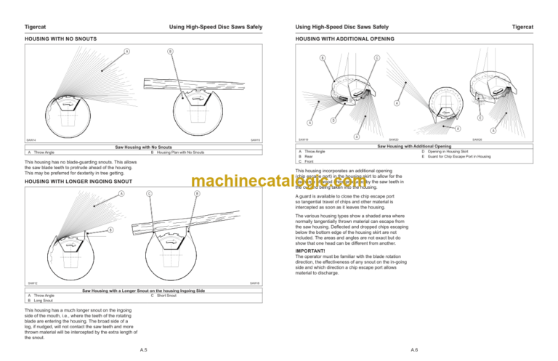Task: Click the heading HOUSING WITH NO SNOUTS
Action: [61, 38]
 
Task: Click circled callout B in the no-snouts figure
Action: [169, 51]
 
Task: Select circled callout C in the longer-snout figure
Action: [149, 193]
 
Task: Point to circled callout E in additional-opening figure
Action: [480, 118]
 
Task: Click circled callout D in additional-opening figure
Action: [333, 120]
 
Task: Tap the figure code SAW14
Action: [31, 139]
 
